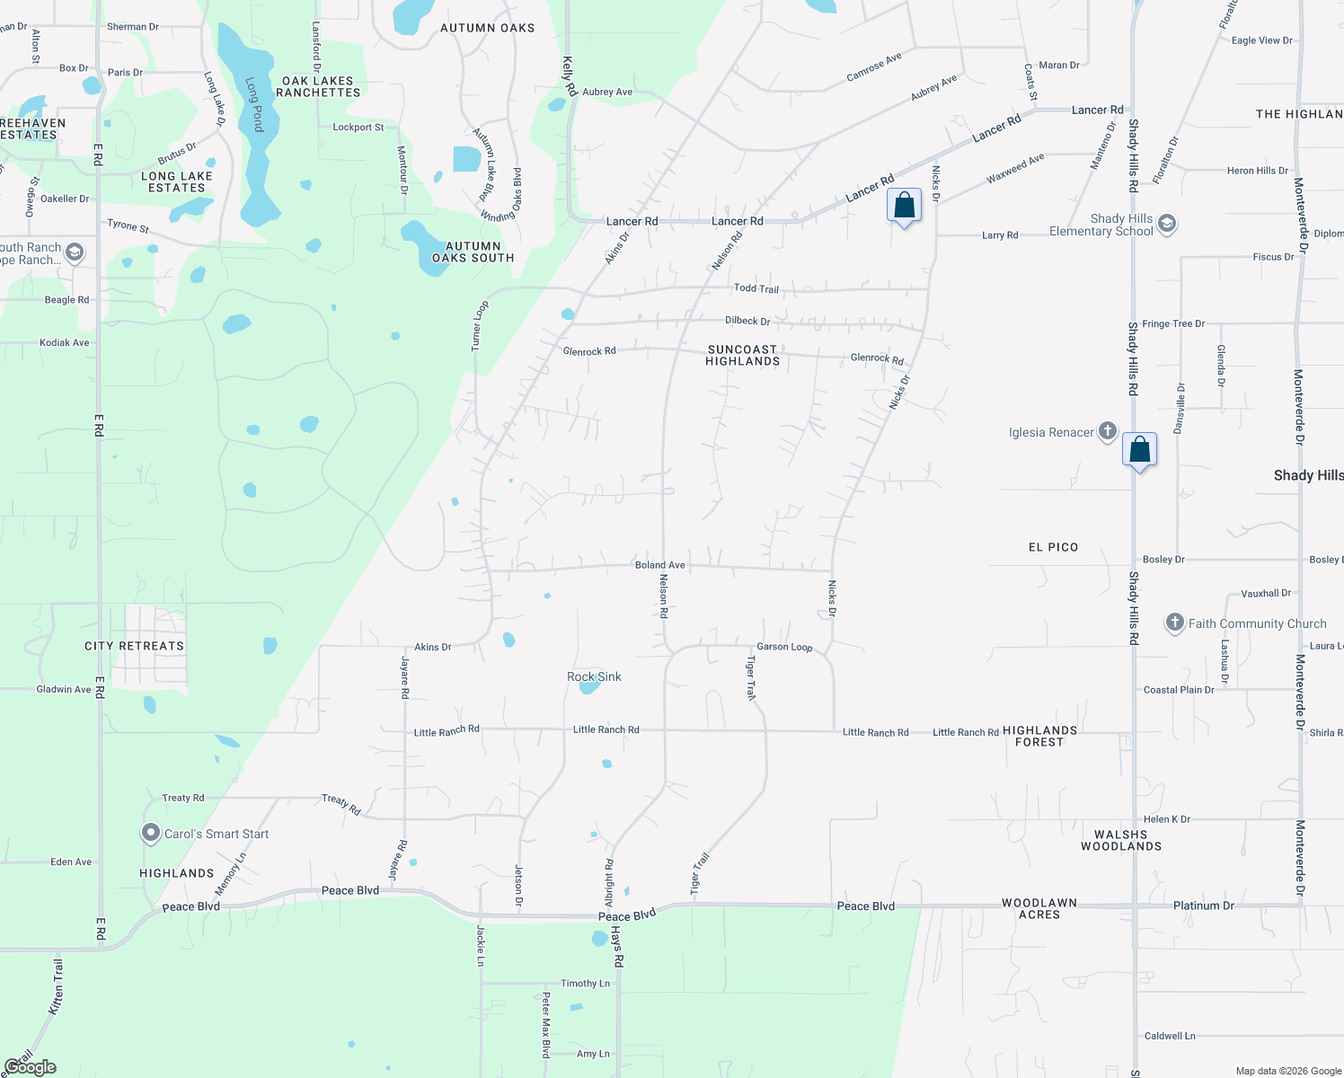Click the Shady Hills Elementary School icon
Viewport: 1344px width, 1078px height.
click(1167, 224)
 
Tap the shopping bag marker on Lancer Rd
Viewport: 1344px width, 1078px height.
click(904, 206)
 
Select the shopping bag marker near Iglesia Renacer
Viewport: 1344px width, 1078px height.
click(1139, 448)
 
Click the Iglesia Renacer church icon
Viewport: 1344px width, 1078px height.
click(1108, 432)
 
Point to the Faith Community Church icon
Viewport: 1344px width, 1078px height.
click(1174, 623)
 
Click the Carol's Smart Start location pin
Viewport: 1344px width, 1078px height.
click(151, 834)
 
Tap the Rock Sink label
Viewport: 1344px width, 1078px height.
click(594, 676)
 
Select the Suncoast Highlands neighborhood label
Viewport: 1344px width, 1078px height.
click(742, 355)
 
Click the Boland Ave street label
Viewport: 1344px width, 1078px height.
click(660, 565)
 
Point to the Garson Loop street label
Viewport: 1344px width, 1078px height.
click(784, 647)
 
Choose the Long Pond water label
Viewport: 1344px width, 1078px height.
click(255, 104)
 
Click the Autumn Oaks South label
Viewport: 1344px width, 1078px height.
click(473, 252)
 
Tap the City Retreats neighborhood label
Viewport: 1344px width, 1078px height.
click(134, 646)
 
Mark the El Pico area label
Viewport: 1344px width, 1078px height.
click(1053, 547)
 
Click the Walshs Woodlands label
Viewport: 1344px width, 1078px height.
click(1121, 840)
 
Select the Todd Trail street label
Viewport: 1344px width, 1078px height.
click(756, 288)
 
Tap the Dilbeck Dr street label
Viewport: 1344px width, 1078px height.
click(747, 321)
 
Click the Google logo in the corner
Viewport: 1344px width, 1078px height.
click(31, 1067)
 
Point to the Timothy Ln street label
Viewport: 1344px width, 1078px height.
click(585, 984)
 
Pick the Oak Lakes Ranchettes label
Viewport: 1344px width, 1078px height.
click(318, 86)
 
